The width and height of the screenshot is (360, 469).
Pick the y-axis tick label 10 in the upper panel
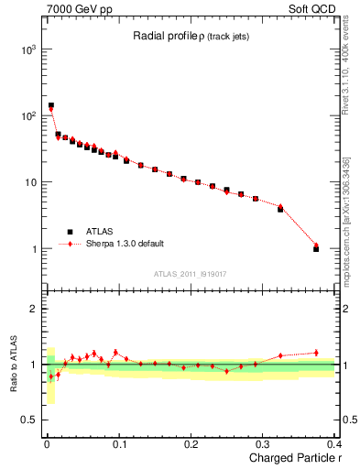[x=29, y=182]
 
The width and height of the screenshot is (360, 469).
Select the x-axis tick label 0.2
[x=191, y=444]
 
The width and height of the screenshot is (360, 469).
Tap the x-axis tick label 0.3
[x=263, y=444]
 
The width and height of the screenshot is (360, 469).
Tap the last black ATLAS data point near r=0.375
[x=316, y=249]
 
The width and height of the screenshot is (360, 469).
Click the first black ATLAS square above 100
[x=50, y=105]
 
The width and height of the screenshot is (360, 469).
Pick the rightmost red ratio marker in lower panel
[x=316, y=353]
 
